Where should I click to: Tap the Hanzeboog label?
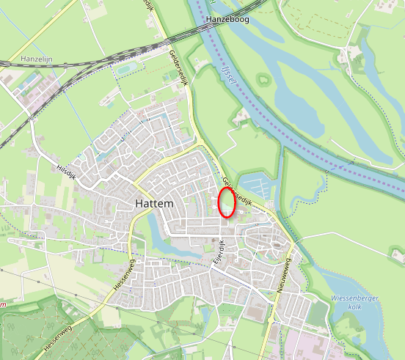point(228,20)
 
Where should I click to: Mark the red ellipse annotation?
point(227,202)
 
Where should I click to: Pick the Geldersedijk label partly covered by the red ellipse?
point(239,191)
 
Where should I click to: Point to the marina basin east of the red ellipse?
point(257,187)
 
